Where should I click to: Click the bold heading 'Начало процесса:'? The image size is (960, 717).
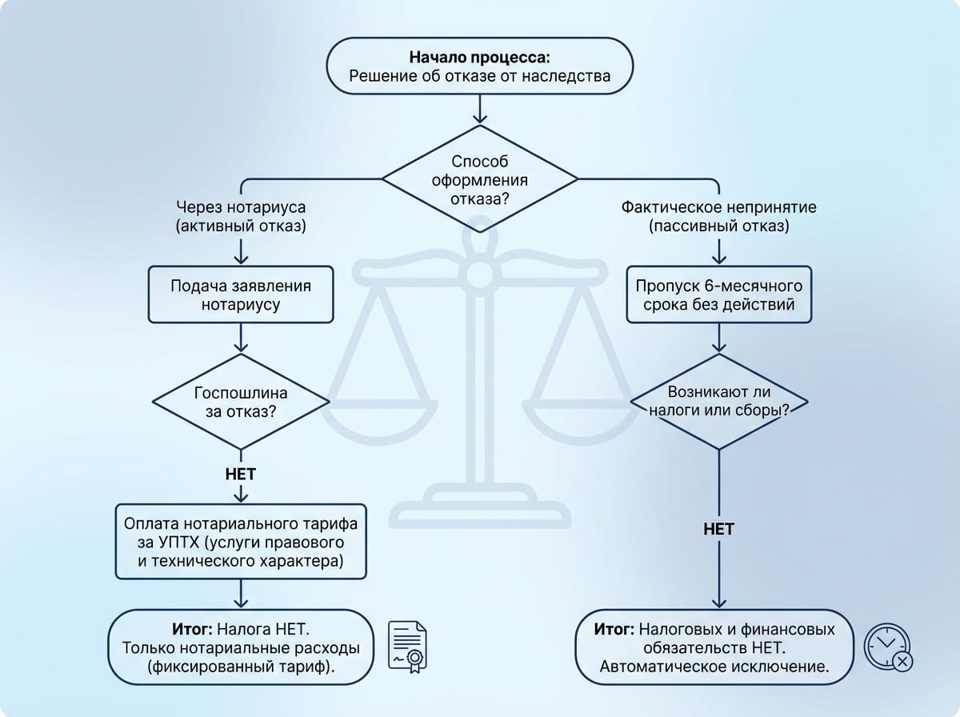click(479, 58)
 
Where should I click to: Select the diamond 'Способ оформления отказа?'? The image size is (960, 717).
click(480, 179)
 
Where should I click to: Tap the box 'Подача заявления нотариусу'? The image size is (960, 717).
click(241, 294)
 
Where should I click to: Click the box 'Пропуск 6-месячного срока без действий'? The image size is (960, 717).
click(718, 294)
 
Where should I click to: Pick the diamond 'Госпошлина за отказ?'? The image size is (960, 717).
click(241, 402)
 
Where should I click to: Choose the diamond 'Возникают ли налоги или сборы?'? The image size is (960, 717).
click(718, 402)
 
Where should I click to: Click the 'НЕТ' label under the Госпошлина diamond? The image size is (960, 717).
click(241, 475)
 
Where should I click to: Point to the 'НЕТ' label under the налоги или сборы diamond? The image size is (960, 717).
click(718, 529)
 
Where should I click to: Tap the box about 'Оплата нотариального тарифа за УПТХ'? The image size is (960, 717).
click(241, 542)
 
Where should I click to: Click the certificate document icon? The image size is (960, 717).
click(407, 647)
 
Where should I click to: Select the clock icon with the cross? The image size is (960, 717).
click(888, 647)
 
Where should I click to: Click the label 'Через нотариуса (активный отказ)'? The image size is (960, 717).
click(241, 216)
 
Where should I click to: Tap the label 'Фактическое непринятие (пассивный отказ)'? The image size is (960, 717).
click(718, 216)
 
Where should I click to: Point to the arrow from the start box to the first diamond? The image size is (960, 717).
click(480, 109)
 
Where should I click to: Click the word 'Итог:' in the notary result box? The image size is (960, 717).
click(192, 630)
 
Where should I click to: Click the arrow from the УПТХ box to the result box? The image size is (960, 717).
click(241, 594)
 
